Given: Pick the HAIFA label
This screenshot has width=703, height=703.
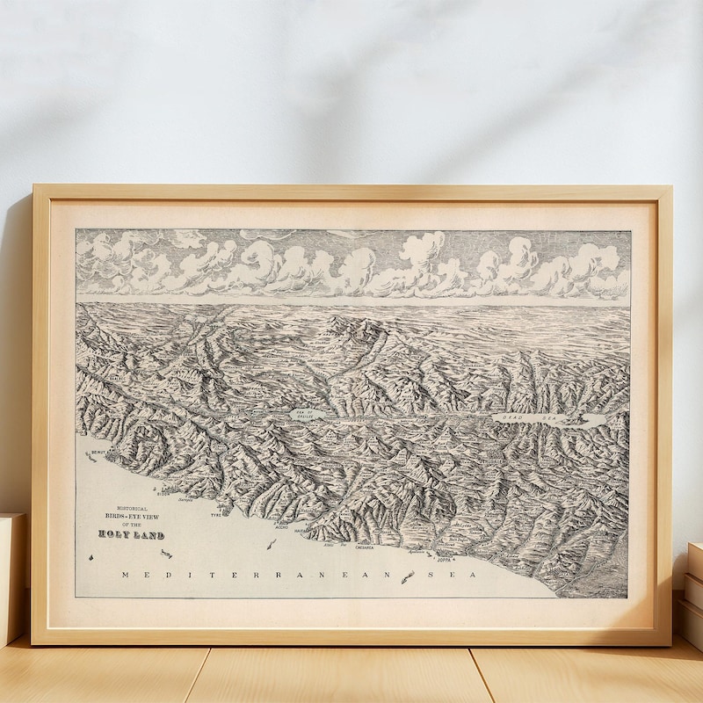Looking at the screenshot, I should click(301, 531).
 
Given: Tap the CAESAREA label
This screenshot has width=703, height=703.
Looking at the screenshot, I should click(364, 547).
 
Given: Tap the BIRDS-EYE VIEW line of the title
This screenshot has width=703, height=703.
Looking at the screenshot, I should click(132, 517).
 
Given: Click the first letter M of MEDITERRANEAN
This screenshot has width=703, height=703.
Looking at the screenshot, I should click(126, 574).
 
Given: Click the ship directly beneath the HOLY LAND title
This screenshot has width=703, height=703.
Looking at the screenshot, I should click(165, 553).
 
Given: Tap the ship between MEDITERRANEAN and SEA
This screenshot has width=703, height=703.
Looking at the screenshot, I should click(407, 576).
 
